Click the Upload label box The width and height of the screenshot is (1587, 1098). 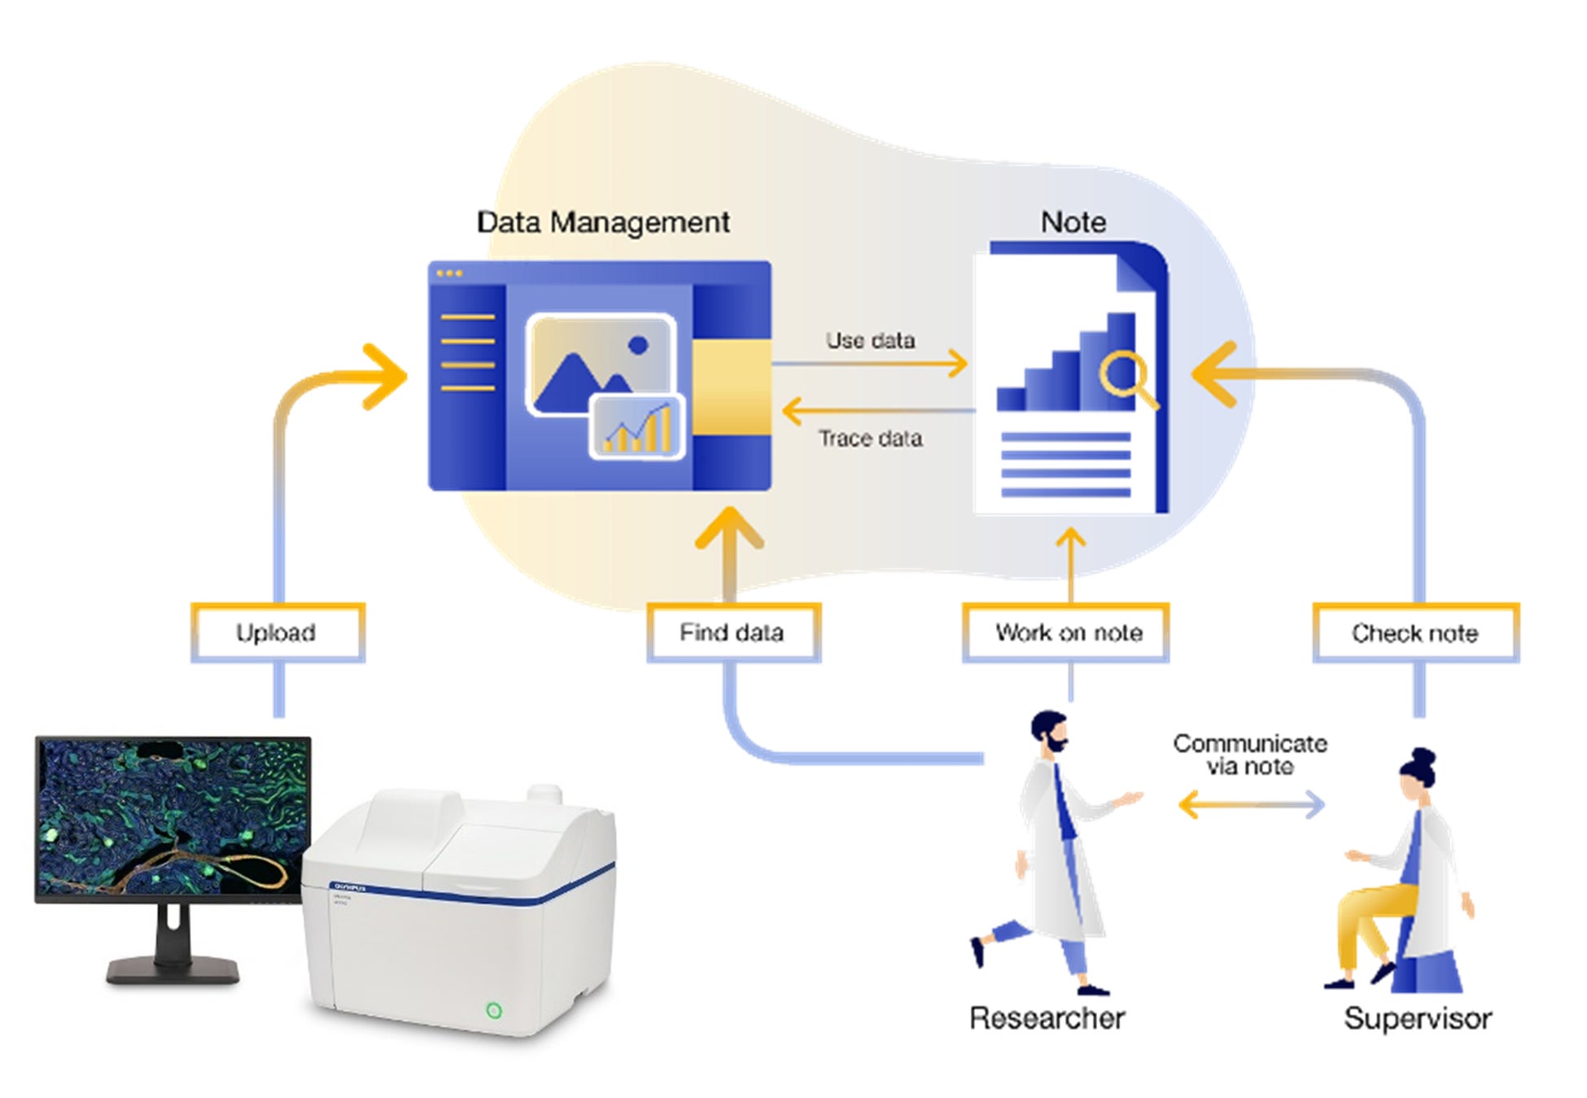[277, 632]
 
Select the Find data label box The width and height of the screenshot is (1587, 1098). [732, 632]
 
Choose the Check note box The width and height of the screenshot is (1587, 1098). [1415, 632]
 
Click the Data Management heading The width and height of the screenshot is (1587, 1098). [602, 222]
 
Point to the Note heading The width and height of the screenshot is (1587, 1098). [1073, 222]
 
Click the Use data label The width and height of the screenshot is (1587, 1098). [870, 340]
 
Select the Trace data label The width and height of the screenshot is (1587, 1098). [870, 439]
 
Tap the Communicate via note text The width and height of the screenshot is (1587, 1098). [1249, 755]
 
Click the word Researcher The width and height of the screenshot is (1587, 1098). [1047, 1018]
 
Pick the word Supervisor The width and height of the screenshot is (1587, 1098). [1418, 1018]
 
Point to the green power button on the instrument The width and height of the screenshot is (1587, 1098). [493, 1010]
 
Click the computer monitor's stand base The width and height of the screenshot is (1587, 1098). [173, 970]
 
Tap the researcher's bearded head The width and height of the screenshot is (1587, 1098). [1049, 732]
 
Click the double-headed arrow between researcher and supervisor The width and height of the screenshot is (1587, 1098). [1251, 806]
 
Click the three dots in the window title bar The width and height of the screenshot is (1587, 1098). [449, 273]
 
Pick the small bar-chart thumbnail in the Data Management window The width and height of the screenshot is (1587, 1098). [637, 427]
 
